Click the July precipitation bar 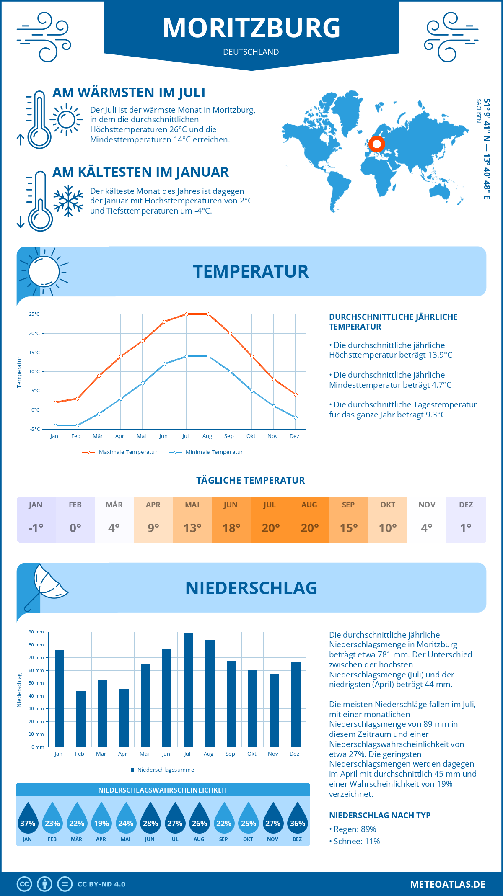189,690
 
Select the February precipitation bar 81,719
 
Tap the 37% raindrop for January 28,820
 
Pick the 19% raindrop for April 101,820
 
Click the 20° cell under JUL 270,528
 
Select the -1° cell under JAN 36,528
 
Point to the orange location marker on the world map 377,144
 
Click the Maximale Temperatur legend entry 120,452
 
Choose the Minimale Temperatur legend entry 206,452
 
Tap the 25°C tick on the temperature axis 34,314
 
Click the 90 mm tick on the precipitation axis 36,632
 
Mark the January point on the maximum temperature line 55,402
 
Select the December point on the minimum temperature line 296,417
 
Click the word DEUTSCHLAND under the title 251,52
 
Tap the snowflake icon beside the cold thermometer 68,201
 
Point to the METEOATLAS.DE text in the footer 448,884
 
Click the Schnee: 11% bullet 355,841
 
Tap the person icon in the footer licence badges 45,884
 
